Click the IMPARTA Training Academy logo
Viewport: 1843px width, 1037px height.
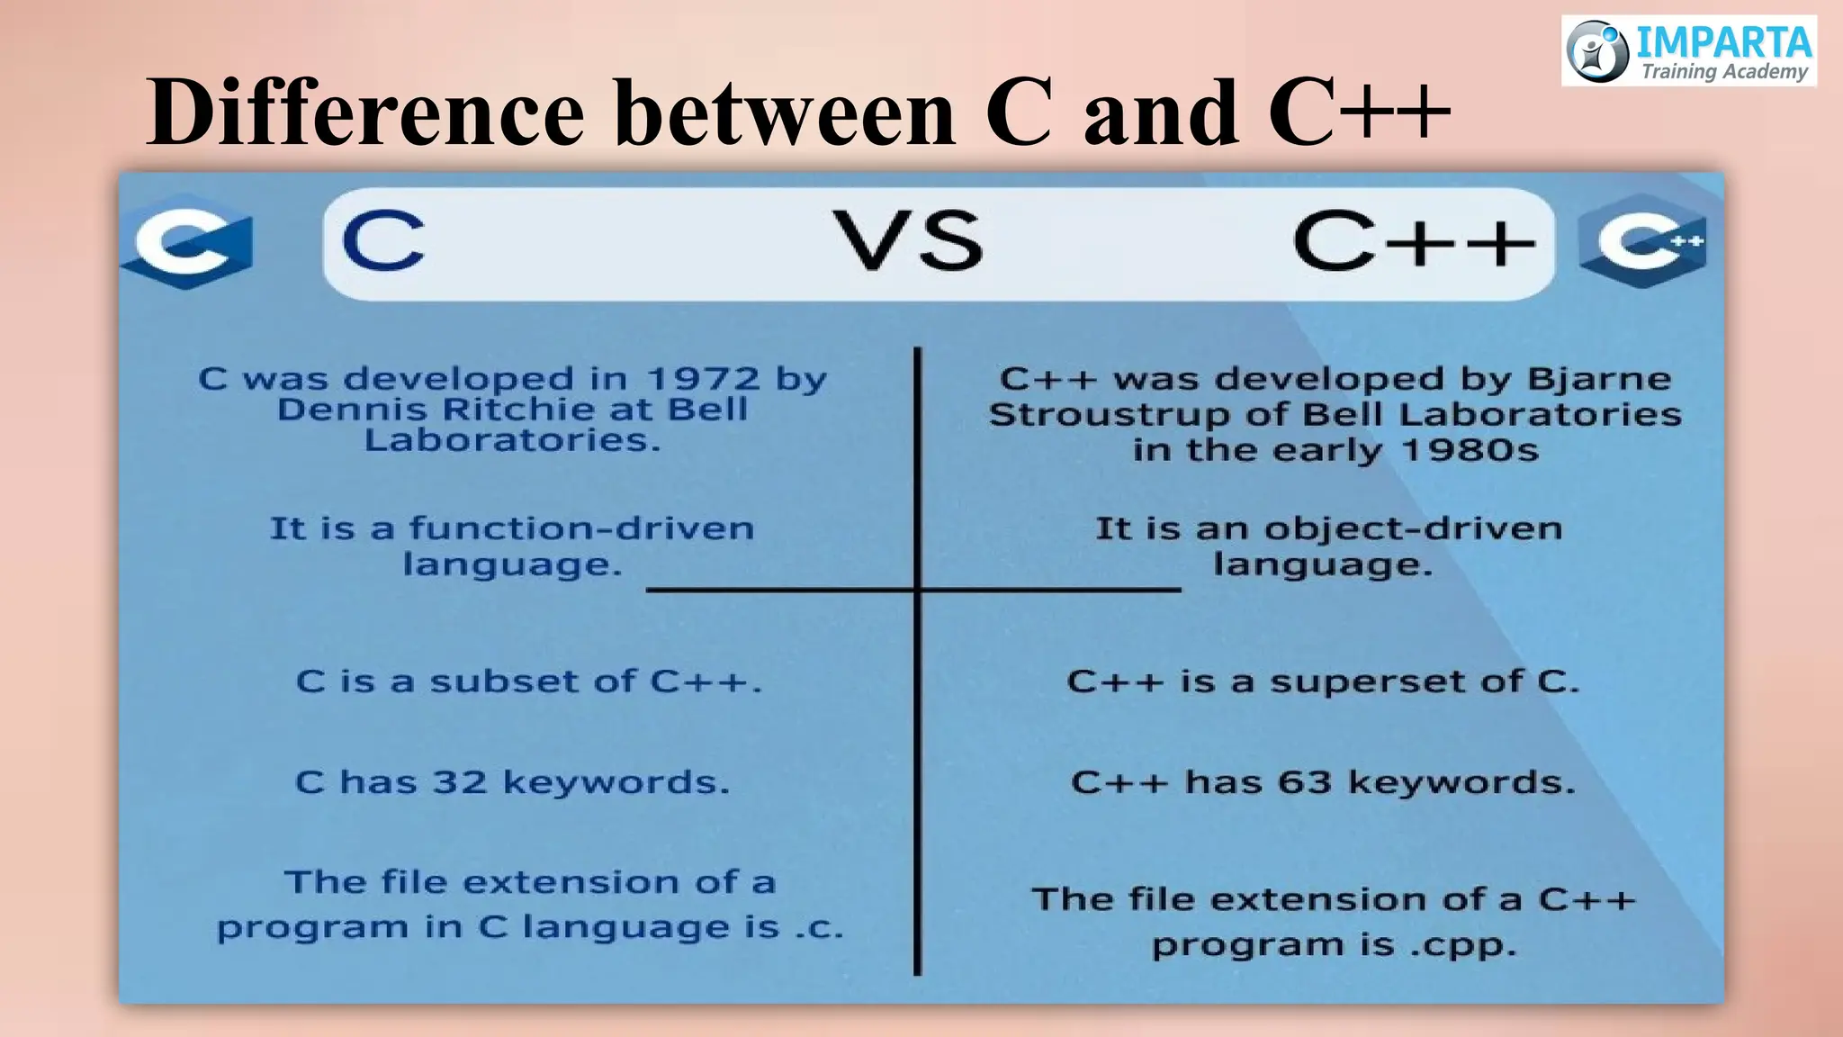[1688, 50]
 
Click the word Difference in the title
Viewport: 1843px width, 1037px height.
[364, 113]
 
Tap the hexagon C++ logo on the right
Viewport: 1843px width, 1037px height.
[1643, 240]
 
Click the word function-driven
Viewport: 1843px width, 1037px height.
[581, 528]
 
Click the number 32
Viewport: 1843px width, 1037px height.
[459, 781]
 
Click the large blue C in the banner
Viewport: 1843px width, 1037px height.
[382, 241]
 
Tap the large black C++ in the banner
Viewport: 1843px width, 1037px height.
[1413, 241]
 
